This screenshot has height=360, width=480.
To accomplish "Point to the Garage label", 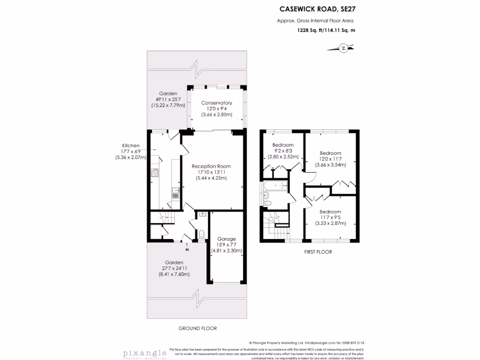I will (x=226, y=245).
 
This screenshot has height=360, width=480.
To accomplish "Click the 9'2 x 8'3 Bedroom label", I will (x=283, y=151).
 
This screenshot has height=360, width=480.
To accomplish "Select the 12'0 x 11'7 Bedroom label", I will (x=330, y=159).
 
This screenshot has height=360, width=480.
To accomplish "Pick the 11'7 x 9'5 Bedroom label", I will (x=330, y=217).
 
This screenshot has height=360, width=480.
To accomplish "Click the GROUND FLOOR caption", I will (x=197, y=328).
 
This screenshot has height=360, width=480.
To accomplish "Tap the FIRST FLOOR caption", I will (x=318, y=252).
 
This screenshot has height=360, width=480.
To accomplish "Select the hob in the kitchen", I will (x=154, y=173).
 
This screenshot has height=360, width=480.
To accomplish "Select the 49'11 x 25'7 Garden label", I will (x=168, y=99).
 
